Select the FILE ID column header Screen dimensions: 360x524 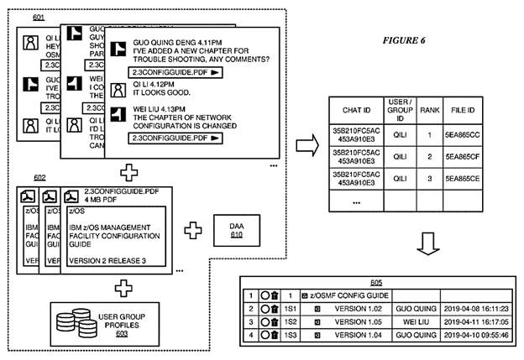click(463, 109)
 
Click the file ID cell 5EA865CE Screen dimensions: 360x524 click(463, 179)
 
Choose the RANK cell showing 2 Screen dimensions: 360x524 click(430, 156)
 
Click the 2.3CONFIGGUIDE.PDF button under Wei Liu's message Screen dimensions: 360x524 click(176, 138)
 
